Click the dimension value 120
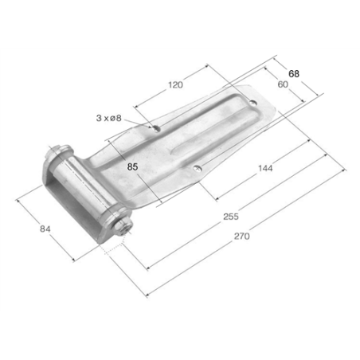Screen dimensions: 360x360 175,85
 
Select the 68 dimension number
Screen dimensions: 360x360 294,74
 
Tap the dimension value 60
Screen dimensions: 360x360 283,84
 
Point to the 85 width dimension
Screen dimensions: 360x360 132,167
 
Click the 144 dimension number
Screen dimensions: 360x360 265,168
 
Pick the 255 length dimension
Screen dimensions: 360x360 231,217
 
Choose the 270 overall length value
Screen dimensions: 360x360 241,236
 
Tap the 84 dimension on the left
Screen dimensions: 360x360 45,229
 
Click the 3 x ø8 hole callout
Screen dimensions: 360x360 108,118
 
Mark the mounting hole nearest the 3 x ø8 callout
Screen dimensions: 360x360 156,128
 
